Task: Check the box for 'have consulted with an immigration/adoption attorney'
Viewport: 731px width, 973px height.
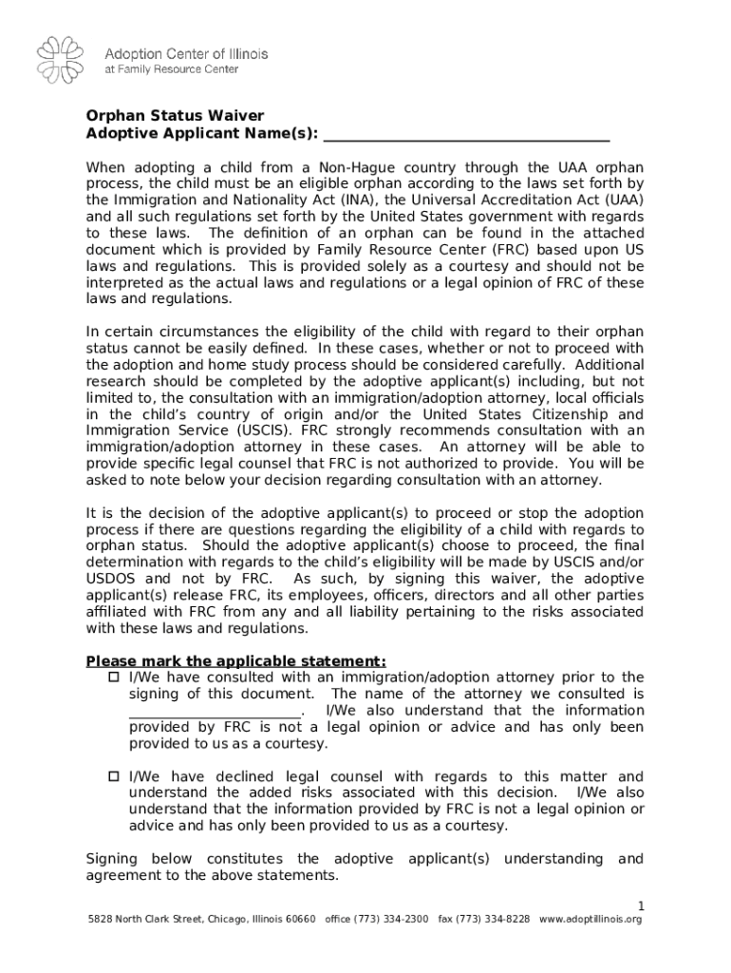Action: [x=112, y=677]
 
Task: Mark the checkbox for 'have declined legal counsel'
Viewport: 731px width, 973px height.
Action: [x=112, y=776]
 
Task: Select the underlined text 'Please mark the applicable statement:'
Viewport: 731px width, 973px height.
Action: [x=236, y=661]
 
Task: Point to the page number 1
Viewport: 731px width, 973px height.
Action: [x=640, y=904]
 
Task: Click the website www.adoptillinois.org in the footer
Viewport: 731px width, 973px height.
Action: [x=590, y=920]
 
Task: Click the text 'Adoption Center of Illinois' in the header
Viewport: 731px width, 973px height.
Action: [x=186, y=54]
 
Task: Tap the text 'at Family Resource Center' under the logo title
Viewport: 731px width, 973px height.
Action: [x=171, y=69]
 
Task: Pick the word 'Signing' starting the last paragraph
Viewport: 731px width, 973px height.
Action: [x=112, y=859]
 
